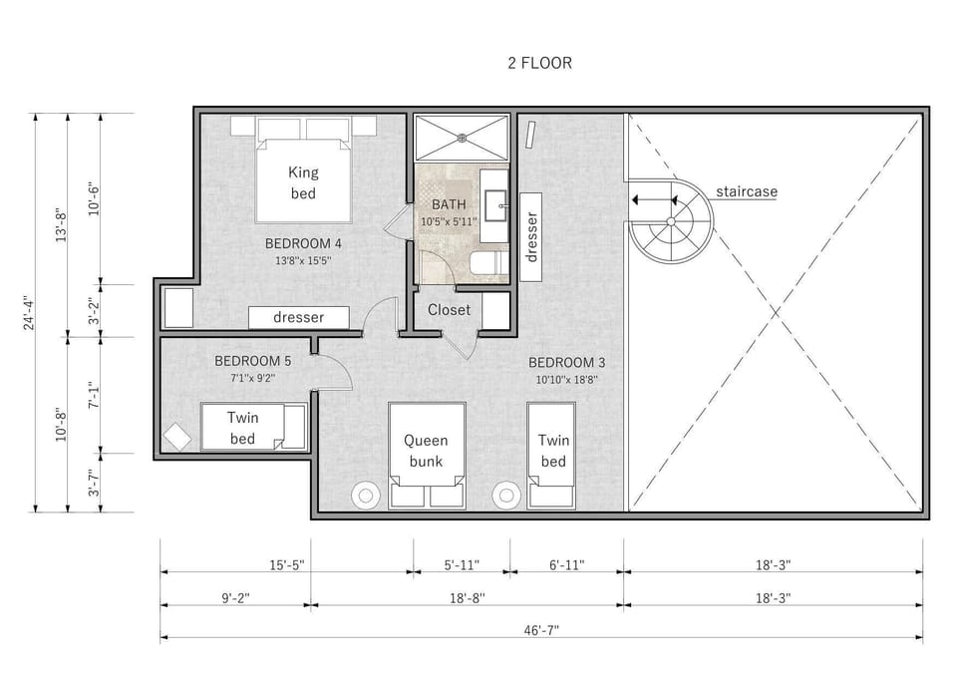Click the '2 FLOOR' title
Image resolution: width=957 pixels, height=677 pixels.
(539, 63)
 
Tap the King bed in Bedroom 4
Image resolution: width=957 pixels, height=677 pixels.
(303, 180)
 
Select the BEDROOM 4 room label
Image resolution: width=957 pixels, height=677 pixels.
(303, 243)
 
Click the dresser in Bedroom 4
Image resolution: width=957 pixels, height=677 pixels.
(299, 317)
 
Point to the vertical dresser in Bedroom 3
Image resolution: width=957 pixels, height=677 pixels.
(531, 236)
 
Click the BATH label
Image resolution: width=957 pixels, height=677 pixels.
(449, 204)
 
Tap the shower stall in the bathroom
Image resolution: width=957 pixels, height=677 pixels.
(461, 138)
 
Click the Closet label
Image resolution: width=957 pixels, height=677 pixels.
(449, 310)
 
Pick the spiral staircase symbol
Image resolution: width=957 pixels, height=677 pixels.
(671, 220)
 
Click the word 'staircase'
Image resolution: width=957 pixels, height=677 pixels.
(746, 191)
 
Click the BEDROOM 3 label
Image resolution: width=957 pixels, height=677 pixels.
(566, 362)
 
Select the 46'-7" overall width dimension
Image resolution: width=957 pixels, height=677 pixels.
(539, 630)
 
